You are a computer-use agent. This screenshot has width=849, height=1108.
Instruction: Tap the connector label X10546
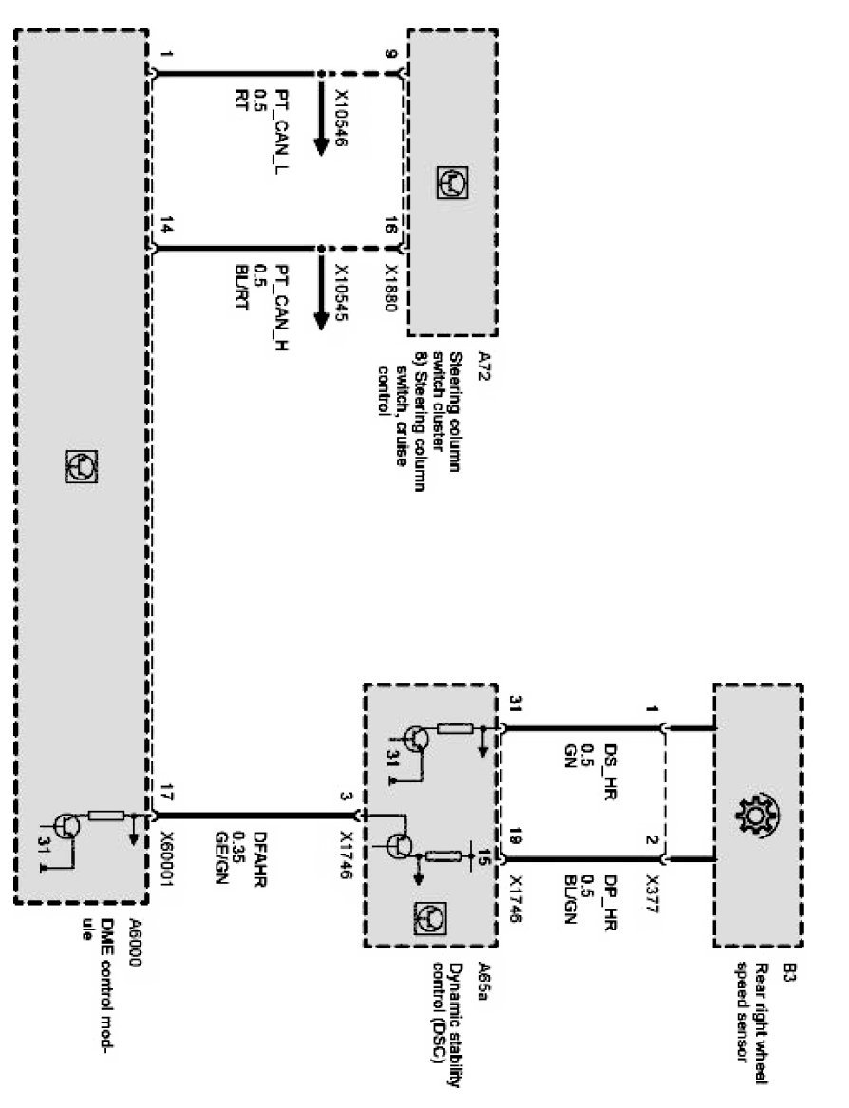342,124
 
